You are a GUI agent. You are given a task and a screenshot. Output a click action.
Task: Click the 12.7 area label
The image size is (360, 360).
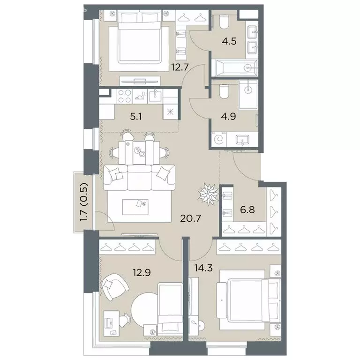click(x=180, y=67)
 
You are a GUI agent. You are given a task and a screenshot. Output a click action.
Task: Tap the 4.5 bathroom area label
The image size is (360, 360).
click(x=229, y=42)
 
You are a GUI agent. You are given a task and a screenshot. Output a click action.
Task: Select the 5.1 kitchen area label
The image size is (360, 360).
click(x=135, y=117)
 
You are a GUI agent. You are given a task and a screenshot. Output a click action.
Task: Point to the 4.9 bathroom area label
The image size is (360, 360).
click(x=228, y=116)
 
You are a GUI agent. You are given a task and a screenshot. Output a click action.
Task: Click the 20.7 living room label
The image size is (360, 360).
click(x=191, y=218)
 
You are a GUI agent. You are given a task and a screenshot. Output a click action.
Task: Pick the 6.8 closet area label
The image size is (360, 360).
click(x=247, y=210)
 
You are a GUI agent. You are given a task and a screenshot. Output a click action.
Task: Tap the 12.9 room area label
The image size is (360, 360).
click(x=142, y=272)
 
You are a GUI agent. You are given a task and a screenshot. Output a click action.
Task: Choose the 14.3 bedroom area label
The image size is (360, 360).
click(x=203, y=268)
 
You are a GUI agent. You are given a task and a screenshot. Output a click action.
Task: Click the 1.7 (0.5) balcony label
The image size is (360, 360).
click(x=84, y=202)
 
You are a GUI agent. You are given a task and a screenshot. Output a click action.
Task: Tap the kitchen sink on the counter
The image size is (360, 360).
click(x=155, y=96)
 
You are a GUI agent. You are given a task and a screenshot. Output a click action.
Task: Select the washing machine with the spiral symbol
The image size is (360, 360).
click(x=218, y=139)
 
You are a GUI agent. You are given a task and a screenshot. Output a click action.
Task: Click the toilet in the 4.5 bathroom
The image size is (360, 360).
click(x=224, y=22)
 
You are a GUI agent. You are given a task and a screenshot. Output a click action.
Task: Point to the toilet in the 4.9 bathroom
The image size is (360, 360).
click(x=224, y=91)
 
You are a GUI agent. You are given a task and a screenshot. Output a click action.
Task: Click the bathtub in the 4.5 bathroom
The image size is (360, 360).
click(x=234, y=67)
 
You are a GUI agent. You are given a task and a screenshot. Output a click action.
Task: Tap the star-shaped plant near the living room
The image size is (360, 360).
click(x=209, y=194)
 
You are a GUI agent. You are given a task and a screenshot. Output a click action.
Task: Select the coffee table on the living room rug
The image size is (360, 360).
click(x=135, y=207)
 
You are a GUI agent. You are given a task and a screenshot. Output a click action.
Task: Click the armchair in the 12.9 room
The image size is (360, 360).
click(x=114, y=286)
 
